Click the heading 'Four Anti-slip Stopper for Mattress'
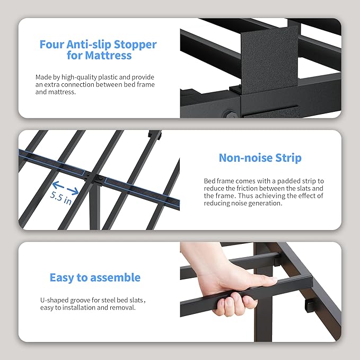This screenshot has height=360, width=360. click(x=98, y=49)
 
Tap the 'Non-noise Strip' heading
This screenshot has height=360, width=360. click(x=260, y=158)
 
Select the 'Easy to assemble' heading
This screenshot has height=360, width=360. click(x=95, y=277)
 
